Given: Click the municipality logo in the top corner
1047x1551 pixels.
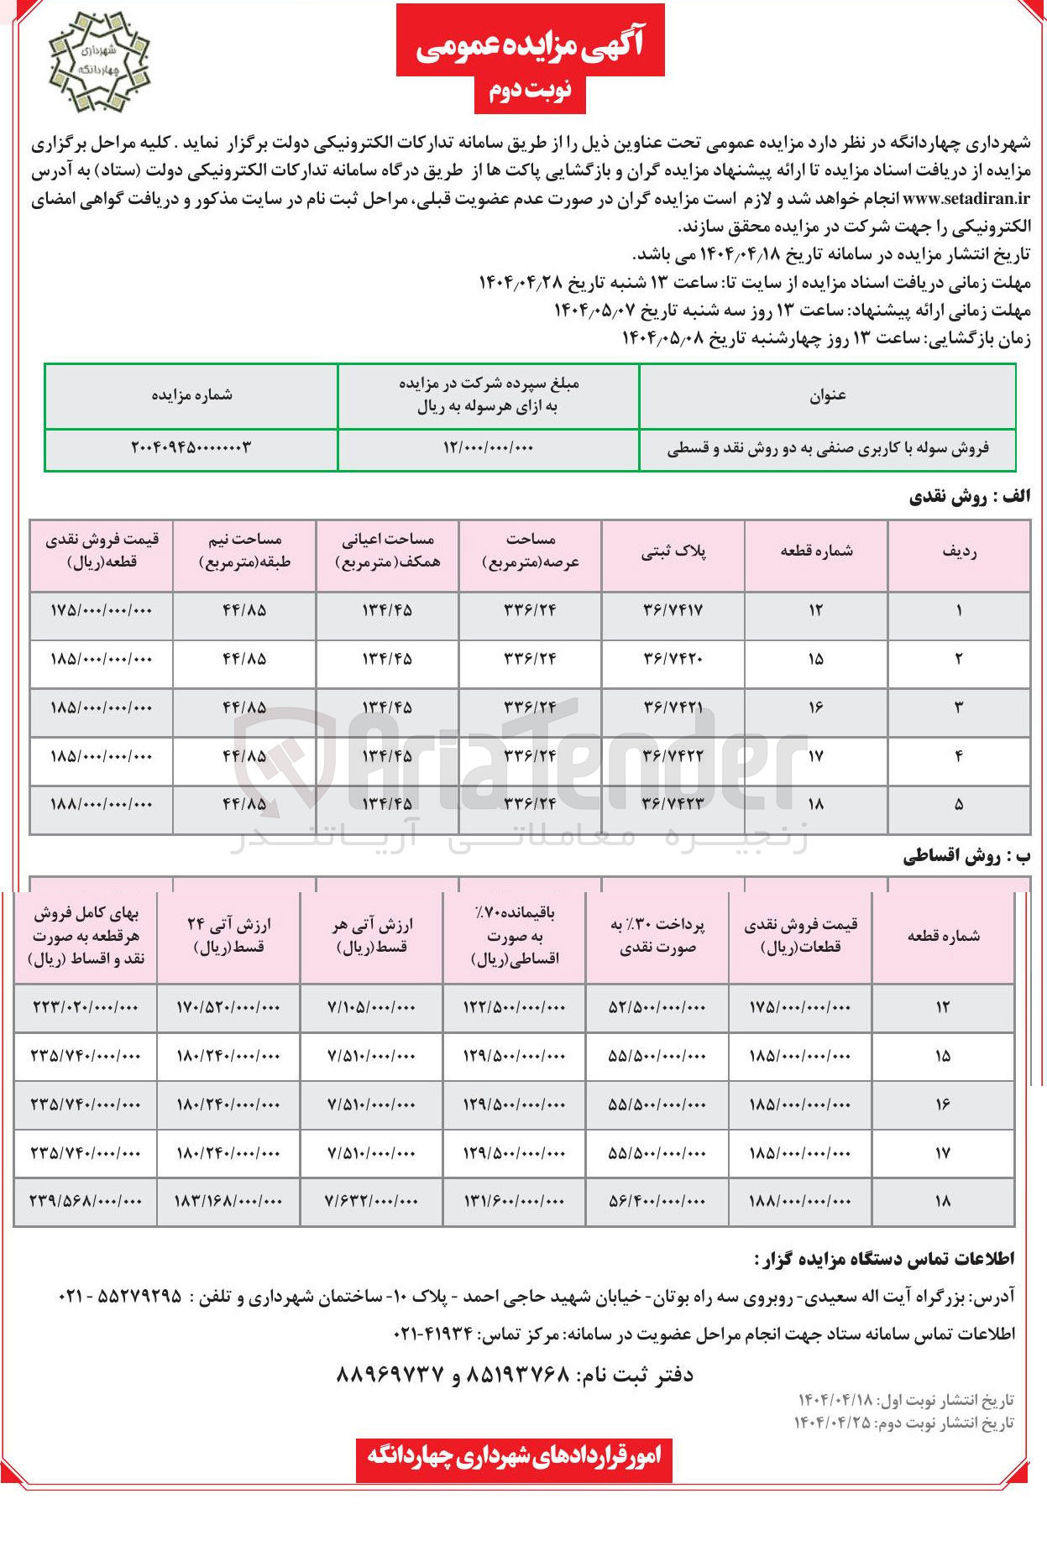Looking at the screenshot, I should tap(99, 63).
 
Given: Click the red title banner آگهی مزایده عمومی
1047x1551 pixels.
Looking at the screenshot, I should tap(530, 41).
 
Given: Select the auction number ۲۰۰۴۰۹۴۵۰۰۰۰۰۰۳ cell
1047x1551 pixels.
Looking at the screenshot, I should tap(191, 448).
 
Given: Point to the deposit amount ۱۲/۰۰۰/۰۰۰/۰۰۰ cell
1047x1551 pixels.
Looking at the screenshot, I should tap(488, 448).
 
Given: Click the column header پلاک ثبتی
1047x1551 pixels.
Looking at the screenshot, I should tap(673, 551).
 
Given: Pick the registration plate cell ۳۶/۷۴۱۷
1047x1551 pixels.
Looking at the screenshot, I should tap(673, 610).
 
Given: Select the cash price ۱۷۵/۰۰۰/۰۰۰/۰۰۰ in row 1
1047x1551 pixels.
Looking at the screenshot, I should tap(102, 610).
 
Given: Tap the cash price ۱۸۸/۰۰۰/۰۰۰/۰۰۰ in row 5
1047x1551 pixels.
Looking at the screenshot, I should tap(102, 804).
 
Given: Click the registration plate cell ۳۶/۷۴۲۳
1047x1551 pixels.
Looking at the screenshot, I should tap(673, 804).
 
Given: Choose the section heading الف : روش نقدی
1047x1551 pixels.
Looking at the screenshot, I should tap(970, 498).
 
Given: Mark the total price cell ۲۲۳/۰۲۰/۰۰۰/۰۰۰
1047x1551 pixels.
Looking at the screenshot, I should tap(86, 1007).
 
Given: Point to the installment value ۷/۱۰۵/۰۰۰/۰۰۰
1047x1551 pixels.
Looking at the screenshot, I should tap(371, 1007).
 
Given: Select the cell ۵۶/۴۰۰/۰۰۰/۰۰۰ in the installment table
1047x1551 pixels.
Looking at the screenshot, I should tap(657, 1201).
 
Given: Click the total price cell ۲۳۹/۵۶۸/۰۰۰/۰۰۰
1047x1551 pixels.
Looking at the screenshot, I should tap(86, 1201).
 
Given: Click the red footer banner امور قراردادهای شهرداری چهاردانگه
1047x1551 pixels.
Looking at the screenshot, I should tap(514, 1455).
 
